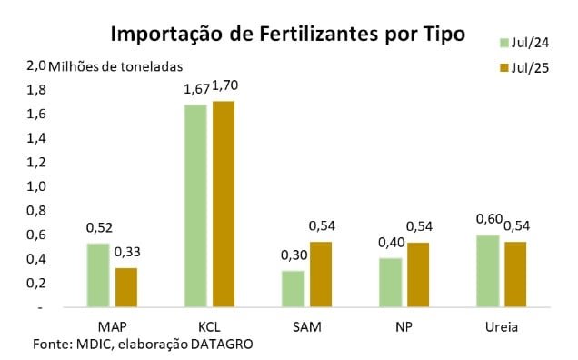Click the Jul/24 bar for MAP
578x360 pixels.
pos(98,275)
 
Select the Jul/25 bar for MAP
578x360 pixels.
pos(126,287)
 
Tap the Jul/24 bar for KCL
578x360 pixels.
pos(195,206)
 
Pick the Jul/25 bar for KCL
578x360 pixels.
pos(224,205)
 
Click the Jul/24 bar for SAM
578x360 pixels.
pos(294,289)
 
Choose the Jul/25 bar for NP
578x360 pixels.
pos(419,275)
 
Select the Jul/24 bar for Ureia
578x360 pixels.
pos(488,271)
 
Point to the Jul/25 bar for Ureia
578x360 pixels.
pos(516,275)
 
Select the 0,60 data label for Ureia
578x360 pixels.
pos(490,220)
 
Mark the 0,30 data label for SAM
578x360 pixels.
pos(294,257)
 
